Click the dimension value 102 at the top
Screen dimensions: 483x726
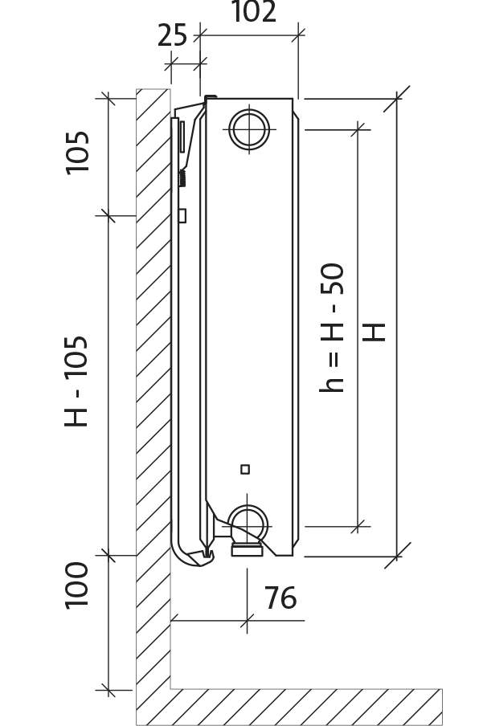253,12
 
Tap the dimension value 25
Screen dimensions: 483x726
173,35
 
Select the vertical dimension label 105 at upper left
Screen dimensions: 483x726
77,153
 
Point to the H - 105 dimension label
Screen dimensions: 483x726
76,381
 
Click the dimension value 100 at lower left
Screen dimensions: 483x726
76,585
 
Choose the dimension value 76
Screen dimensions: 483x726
280,598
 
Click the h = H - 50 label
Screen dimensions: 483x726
332,328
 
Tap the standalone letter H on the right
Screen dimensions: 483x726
374,332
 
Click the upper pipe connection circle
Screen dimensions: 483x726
249,128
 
